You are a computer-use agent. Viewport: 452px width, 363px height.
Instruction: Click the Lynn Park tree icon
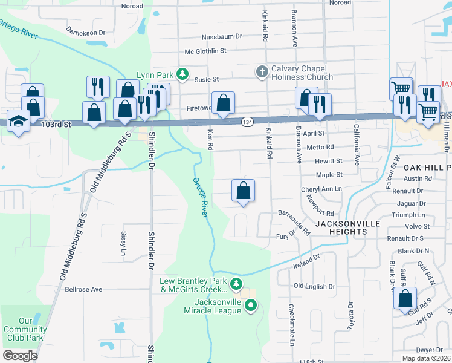click(180, 74)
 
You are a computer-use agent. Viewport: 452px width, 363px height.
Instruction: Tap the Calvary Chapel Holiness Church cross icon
click(262, 72)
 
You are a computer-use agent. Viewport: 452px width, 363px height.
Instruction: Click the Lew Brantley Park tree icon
click(237, 283)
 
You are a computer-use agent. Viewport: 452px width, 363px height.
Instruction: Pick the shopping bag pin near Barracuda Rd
click(243, 191)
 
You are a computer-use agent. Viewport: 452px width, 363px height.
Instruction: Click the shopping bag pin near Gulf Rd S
click(405, 299)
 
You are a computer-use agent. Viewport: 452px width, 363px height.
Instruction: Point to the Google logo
click(20, 355)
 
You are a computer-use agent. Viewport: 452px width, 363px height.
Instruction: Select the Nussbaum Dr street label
click(222, 37)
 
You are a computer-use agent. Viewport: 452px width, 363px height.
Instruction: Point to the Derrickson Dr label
click(85, 31)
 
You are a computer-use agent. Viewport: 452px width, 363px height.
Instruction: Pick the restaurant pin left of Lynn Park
click(97, 87)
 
